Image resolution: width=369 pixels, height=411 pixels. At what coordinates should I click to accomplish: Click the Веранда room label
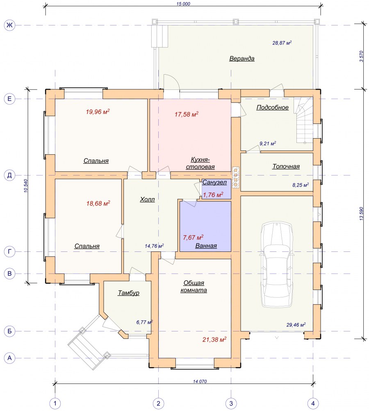point(241,59)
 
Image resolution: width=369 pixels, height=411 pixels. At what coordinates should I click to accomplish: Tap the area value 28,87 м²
point(282,43)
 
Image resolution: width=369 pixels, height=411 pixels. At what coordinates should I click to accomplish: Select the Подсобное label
point(272,107)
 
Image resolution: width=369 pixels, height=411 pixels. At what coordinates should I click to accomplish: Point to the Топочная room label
point(286,167)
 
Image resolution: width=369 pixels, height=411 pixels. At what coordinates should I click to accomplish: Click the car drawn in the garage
point(277,264)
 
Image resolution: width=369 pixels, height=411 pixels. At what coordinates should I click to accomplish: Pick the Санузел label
point(214,182)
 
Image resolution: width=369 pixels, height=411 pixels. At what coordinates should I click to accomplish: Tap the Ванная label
point(206,246)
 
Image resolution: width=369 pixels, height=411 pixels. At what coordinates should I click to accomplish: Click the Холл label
point(147,199)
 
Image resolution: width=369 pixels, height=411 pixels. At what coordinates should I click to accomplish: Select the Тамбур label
point(128,293)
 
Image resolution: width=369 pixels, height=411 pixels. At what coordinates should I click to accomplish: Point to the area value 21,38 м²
point(214,340)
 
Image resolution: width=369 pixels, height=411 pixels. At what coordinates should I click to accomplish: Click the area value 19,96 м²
point(98,112)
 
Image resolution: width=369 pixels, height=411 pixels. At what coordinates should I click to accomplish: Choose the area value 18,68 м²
point(98,203)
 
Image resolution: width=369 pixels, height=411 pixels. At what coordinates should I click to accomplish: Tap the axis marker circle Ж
point(10,25)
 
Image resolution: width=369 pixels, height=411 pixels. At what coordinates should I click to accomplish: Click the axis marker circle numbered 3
point(231,403)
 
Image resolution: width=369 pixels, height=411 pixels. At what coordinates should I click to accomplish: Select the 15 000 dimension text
point(183,4)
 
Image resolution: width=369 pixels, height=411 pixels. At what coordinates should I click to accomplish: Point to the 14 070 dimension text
point(200,381)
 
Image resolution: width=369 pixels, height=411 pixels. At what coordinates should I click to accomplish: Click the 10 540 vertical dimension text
point(26,186)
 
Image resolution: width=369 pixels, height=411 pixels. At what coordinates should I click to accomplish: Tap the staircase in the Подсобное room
point(304,121)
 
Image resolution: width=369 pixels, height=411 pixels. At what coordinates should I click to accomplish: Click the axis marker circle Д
point(10,175)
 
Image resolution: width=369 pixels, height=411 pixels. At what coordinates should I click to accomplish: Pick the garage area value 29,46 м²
point(296,325)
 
